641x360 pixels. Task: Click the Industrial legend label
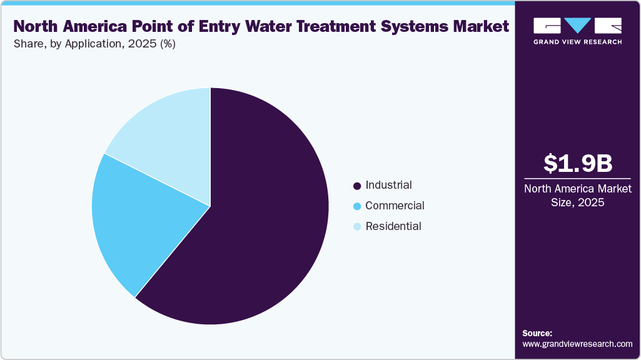click(x=388, y=185)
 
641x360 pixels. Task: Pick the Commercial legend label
click(x=395, y=206)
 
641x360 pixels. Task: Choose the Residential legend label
click(x=393, y=226)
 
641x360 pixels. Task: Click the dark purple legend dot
click(x=357, y=186)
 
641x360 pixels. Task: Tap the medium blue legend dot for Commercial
click(x=357, y=206)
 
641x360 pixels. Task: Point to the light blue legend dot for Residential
click(x=357, y=227)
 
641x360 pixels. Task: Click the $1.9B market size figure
click(x=577, y=163)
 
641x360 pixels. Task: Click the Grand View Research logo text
click(x=577, y=42)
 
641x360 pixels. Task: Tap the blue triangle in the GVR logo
click(x=577, y=26)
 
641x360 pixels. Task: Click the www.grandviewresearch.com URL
click(x=577, y=344)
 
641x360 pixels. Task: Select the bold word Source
click(x=537, y=333)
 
